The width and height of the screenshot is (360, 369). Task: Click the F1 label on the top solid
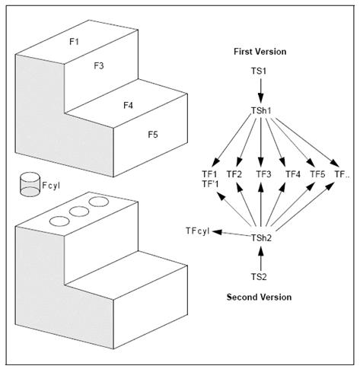pos(74,41)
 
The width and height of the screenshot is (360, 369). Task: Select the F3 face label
pos(99,65)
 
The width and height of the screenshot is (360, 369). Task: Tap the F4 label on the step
pos(128,105)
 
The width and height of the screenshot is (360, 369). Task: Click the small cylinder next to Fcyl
pos(30,184)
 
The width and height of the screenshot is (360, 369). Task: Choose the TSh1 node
pos(261,111)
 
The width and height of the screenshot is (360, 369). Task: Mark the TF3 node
pos(263,174)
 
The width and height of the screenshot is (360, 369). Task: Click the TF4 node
pos(292,174)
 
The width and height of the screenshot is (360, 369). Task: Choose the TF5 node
pos(317,174)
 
